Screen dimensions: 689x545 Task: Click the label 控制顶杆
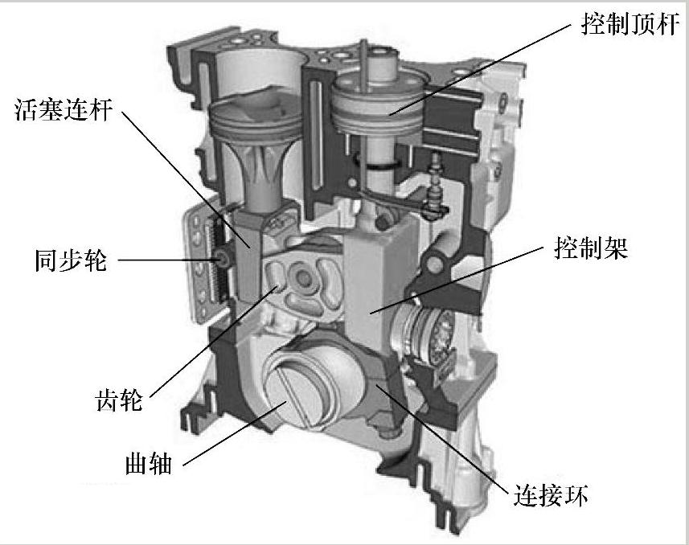pyautogui.click(x=630, y=23)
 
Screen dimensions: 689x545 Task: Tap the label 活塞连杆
pyautogui.click(x=64, y=109)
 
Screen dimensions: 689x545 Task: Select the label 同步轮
pyautogui.click(x=71, y=260)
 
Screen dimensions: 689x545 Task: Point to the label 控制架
pyautogui.click(x=591, y=248)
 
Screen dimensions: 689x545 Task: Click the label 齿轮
pyautogui.click(x=119, y=400)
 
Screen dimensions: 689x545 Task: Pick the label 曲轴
pyautogui.click(x=149, y=463)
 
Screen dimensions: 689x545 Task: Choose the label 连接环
pyautogui.click(x=550, y=494)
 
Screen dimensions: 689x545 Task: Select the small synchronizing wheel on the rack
pyautogui.click(x=224, y=260)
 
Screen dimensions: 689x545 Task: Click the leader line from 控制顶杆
pyautogui.click(x=479, y=68)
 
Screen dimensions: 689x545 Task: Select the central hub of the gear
pyautogui.click(x=302, y=277)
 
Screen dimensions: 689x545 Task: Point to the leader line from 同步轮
pyautogui.click(x=169, y=260)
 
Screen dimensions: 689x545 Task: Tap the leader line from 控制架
pyautogui.click(x=457, y=280)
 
